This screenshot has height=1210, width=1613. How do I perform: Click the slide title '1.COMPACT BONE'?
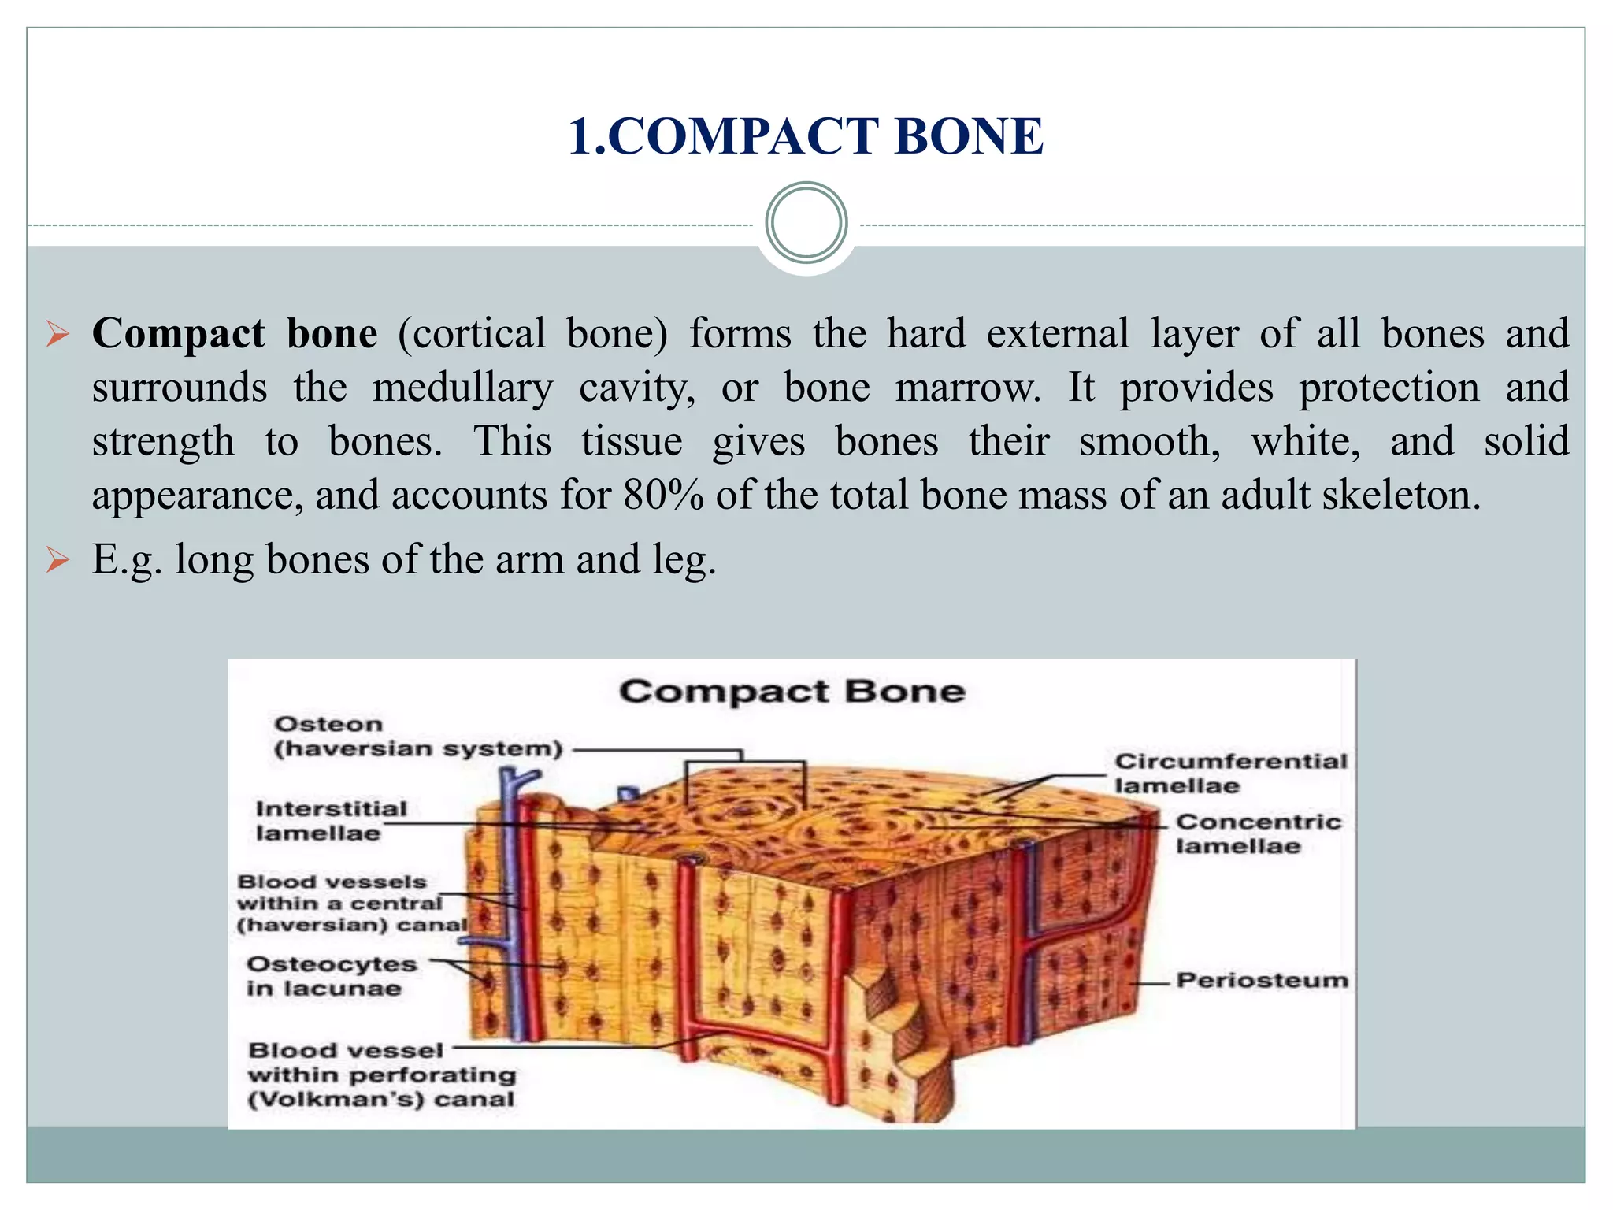pyautogui.click(x=805, y=135)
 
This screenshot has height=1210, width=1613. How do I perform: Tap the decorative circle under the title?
pyautogui.click(x=806, y=222)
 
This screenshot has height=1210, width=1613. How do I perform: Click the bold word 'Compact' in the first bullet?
pyautogui.click(x=179, y=333)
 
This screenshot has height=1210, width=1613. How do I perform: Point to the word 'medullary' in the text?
pyautogui.click(x=462, y=388)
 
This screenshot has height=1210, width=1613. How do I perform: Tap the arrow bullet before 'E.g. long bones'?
pyautogui.click(x=57, y=561)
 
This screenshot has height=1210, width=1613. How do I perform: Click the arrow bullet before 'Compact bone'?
pyautogui.click(x=57, y=334)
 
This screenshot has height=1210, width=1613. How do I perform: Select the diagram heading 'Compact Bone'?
pyautogui.click(x=792, y=692)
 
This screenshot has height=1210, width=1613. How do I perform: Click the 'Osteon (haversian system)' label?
pyautogui.click(x=418, y=736)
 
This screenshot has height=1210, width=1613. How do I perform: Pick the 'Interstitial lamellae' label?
pyautogui.click(x=331, y=820)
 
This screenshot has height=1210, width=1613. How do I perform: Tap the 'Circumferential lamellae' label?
pyautogui.click(x=1230, y=773)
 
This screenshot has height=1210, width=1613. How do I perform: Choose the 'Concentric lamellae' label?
pyautogui.click(x=1258, y=833)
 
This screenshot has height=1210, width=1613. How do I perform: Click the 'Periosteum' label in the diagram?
pyautogui.click(x=1261, y=980)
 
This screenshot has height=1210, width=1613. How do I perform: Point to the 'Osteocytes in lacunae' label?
pyautogui.click(x=331, y=976)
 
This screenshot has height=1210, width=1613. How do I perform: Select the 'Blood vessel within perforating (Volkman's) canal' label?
pyautogui.click(x=381, y=1075)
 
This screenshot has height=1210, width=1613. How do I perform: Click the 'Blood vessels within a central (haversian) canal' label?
pyautogui.click(x=352, y=903)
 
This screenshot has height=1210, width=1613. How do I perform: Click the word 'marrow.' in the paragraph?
pyautogui.click(x=968, y=388)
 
